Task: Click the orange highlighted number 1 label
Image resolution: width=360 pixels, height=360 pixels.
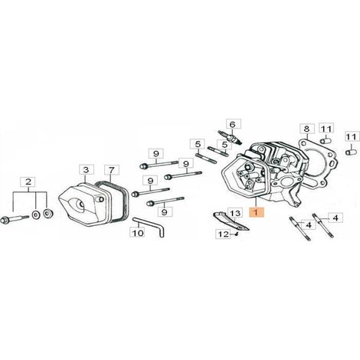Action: tap(257, 212)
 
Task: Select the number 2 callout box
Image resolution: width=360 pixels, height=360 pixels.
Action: tap(28, 182)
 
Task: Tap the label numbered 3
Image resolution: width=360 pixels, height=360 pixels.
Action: tap(87, 170)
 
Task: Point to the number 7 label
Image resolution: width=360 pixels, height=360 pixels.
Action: tap(112, 170)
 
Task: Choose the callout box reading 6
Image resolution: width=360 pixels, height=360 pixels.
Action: tap(233, 125)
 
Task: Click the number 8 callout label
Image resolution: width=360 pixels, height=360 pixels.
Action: tap(306, 129)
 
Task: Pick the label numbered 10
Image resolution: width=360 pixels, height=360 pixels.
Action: tap(138, 233)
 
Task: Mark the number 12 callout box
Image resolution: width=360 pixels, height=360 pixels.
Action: tap(223, 234)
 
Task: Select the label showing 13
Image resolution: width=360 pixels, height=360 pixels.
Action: tap(235, 213)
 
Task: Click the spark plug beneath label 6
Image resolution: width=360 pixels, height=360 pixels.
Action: tap(231, 137)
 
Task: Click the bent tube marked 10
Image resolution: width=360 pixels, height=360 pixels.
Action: tap(150, 224)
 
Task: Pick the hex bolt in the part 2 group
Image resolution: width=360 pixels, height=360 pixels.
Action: tap(15, 219)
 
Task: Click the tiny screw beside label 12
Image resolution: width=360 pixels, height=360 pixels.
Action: tap(237, 234)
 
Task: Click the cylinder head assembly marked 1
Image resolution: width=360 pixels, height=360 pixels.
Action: tap(267, 175)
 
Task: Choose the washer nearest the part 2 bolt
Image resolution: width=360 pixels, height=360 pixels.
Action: tap(36, 215)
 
